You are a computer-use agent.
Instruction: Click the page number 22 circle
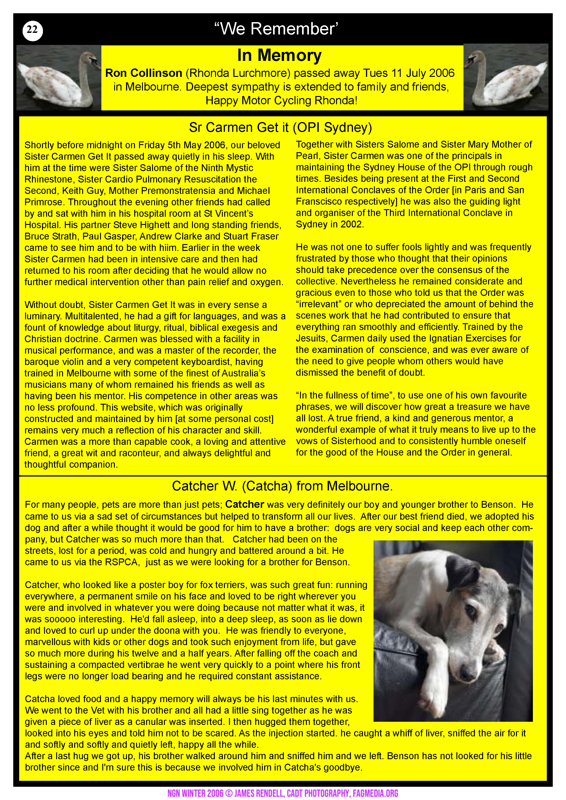pos(32,31)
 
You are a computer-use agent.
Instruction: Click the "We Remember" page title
pos(276,29)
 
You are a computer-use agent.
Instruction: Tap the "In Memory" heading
pos(279,55)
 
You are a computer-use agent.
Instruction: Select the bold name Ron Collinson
pos(144,73)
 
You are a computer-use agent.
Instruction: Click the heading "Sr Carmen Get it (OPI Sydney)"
pos(280,128)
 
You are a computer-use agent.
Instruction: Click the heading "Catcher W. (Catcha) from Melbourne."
pos(282,486)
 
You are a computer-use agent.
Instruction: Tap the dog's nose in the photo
pos(467,676)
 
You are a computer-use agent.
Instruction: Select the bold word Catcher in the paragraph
pos(245,505)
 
